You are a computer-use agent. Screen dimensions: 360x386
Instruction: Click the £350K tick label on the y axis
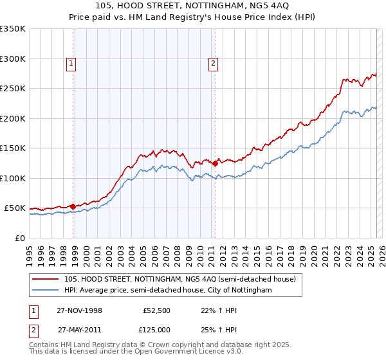(x=13, y=29)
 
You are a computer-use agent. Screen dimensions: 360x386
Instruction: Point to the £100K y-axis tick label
(x=13, y=178)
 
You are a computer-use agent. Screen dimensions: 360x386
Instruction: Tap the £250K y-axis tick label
(x=13, y=89)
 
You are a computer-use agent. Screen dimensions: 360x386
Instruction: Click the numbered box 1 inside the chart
(x=70, y=63)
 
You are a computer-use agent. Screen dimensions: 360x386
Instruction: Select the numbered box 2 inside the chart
(x=213, y=63)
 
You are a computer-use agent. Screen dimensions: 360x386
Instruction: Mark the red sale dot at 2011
(x=215, y=163)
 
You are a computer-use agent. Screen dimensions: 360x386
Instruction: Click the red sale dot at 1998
(x=73, y=206)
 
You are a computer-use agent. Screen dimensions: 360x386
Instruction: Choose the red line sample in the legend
(x=46, y=279)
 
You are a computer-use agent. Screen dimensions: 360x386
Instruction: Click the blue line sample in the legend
(x=46, y=291)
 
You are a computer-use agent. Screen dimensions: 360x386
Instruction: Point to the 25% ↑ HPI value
(x=216, y=328)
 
